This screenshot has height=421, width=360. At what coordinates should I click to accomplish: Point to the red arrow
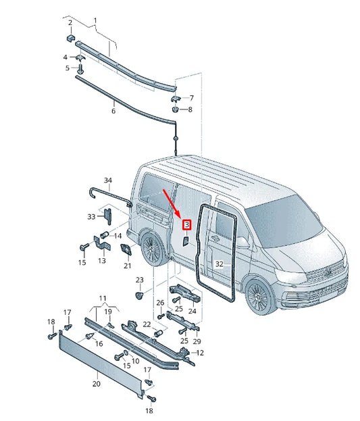pos(173,204)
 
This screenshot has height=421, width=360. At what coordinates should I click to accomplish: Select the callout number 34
pos(108,180)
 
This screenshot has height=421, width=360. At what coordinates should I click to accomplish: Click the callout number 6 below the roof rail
pos(113,110)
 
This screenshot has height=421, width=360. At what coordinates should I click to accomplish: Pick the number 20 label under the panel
pos(96,383)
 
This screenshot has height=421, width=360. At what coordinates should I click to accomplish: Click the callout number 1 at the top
pos(95,21)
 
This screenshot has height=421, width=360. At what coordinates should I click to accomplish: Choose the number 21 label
pos(127,266)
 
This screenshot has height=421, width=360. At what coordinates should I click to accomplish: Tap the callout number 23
pos(140,280)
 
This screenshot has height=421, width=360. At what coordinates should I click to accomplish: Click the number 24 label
pos(192,311)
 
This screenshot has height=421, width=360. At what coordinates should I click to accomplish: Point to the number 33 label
pos(92,216)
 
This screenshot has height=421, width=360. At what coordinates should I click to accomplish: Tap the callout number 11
pos(103,298)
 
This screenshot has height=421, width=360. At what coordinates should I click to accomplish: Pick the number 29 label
pos(197,341)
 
